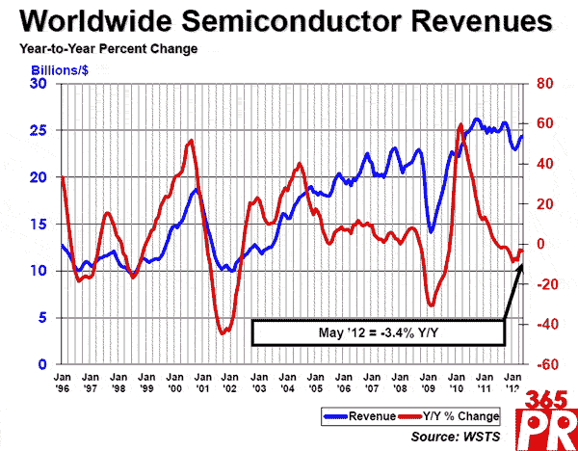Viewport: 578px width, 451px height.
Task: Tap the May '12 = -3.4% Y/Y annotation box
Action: point(379,332)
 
